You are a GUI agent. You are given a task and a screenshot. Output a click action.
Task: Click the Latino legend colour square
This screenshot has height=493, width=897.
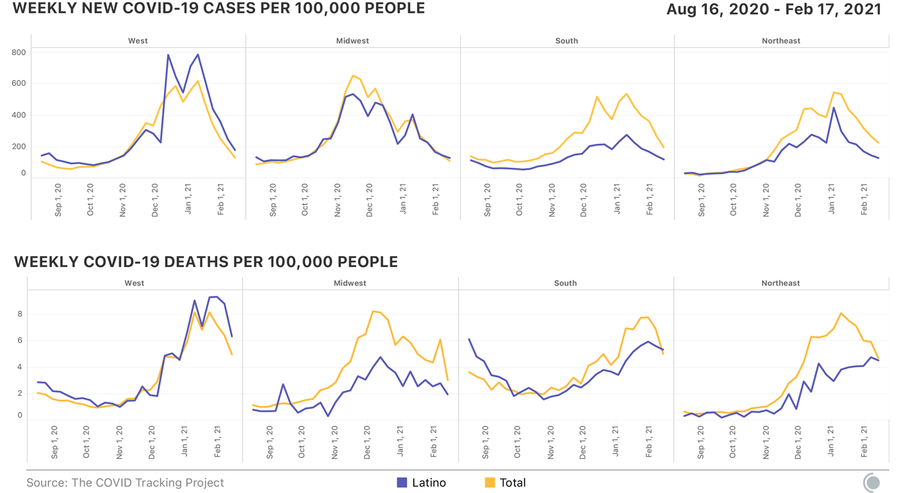(402, 483)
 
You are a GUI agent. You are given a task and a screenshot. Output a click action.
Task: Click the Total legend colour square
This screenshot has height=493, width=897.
(490, 483)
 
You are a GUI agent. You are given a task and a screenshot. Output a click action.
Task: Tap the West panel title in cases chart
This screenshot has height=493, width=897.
(138, 41)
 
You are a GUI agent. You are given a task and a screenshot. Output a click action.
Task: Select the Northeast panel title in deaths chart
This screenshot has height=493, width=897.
(780, 283)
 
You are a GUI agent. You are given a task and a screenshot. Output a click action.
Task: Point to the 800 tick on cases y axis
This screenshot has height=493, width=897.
(19, 53)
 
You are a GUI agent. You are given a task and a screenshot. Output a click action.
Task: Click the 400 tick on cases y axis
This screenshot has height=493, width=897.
(19, 115)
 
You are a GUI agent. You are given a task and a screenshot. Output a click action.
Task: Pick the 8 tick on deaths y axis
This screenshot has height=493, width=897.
(20, 314)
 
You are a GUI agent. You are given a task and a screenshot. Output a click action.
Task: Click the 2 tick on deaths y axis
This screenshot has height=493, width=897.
(20, 393)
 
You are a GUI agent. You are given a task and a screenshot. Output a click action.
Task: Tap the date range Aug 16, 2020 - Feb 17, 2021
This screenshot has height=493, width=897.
(774, 10)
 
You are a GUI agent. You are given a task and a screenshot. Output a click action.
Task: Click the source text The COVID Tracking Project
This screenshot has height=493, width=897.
(125, 483)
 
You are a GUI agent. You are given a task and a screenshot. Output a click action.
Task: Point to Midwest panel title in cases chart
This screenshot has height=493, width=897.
(352, 41)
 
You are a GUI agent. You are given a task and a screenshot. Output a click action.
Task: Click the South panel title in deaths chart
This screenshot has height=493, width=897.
(566, 283)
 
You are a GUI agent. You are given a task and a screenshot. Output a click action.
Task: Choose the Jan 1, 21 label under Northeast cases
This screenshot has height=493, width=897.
(832, 200)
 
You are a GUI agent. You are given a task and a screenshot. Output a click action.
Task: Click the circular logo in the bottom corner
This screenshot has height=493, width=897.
(872, 482)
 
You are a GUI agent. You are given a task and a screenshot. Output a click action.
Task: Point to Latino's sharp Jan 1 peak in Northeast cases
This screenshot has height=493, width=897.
(834, 108)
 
